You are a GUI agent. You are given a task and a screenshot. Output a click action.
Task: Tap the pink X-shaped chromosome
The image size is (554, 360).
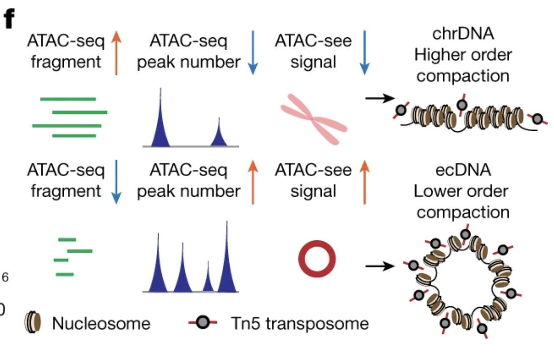[314, 119]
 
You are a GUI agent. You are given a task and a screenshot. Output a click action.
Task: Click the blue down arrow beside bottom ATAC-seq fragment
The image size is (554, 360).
[116, 182]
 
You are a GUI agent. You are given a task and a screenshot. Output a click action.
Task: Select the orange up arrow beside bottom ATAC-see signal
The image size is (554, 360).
[364, 182]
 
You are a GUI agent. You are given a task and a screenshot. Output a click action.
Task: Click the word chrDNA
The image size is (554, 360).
[463, 34]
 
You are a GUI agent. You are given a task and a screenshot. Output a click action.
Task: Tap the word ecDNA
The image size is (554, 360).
[463, 171]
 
